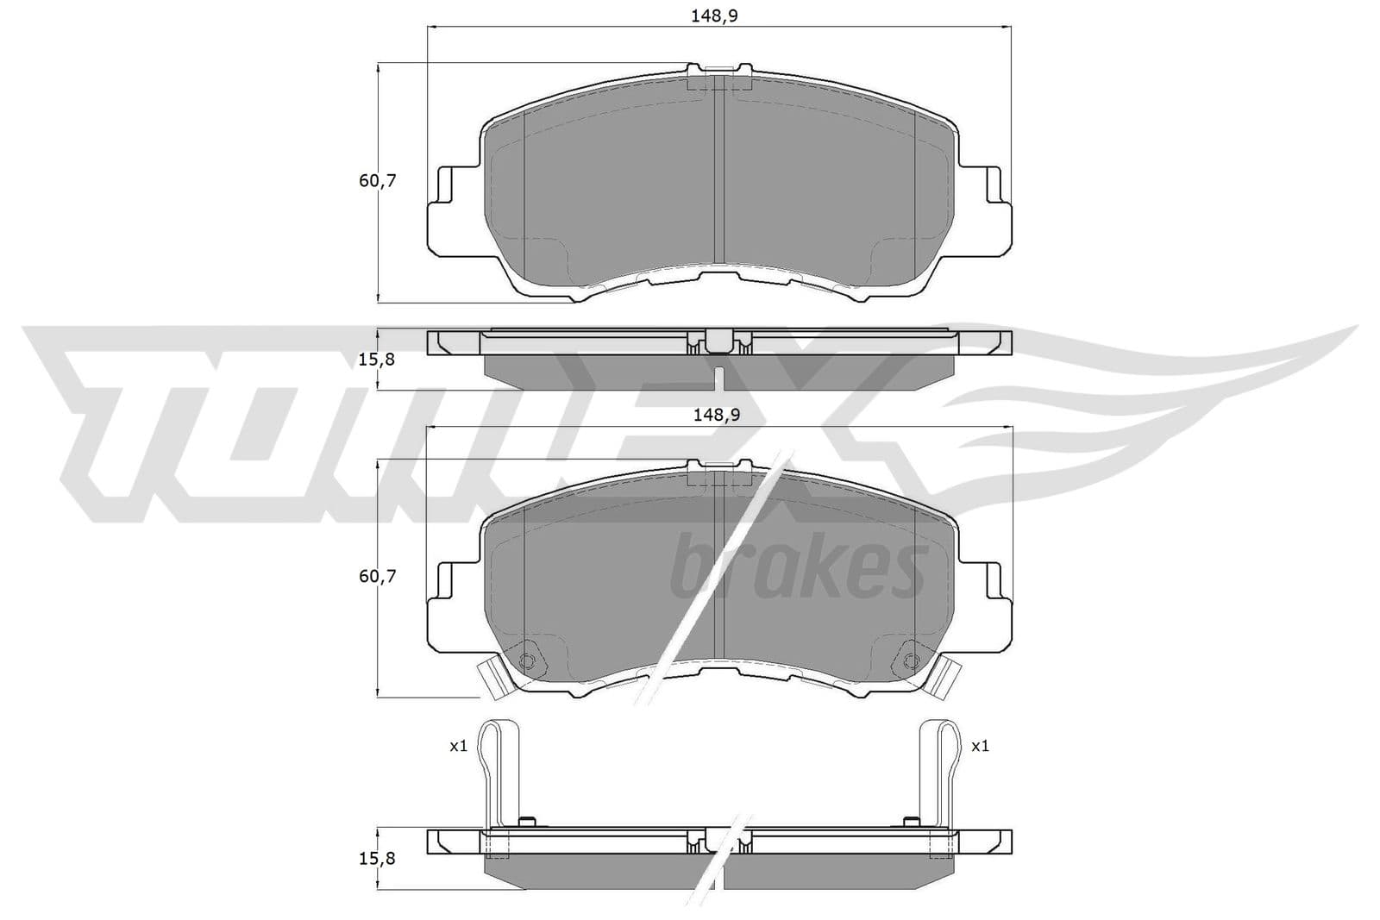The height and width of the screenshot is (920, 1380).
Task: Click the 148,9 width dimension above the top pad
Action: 714,16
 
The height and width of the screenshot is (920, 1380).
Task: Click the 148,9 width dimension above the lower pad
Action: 717,415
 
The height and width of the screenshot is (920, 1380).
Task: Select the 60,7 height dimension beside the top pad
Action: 377,181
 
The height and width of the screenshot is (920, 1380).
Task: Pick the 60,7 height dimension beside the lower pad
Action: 377,576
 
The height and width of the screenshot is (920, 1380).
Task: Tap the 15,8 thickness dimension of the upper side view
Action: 376,360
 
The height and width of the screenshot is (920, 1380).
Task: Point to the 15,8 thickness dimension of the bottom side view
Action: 376,859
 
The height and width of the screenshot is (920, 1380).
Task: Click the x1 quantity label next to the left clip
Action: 458,747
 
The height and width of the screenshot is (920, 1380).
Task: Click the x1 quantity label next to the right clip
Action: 980,747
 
